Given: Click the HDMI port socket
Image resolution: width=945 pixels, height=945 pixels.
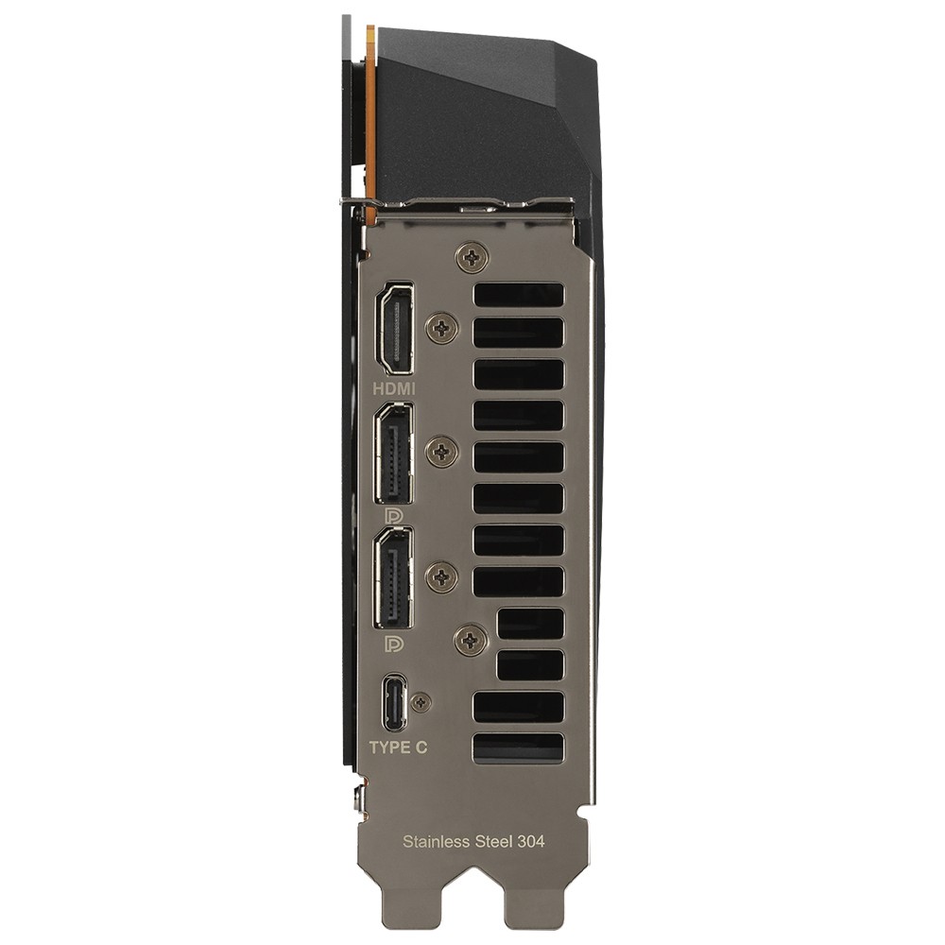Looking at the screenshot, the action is [x=395, y=329].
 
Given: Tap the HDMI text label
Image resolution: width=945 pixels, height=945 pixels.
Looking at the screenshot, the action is [x=394, y=388].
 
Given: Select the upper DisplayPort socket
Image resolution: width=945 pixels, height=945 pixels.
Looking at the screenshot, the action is [x=394, y=454].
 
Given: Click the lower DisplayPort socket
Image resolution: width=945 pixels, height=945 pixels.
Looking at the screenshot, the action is [x=394, y=578].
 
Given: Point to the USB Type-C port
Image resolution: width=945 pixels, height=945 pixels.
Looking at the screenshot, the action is [x=394, y=702].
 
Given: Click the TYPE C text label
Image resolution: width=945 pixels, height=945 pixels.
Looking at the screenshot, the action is [x=398, y=747].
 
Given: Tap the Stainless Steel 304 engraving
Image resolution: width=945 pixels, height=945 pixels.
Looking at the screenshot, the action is [x=473, y=841].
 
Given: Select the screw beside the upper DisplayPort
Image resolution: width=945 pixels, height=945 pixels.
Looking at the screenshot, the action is [x=442, y=451].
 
